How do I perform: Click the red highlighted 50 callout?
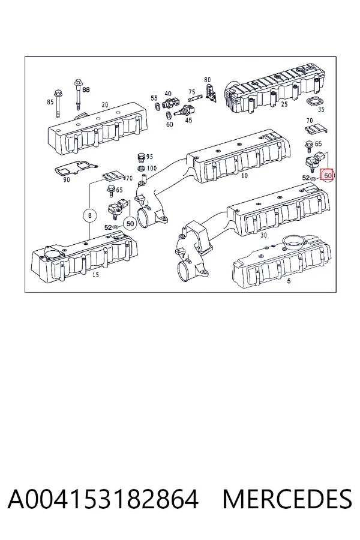point(327,176)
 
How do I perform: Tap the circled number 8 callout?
point(90,215)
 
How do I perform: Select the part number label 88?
point(86,89)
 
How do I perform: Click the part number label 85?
point(50,102)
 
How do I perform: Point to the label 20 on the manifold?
point(105,104)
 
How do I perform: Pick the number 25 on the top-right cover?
point(284,104)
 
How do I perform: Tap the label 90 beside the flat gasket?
point(67,179)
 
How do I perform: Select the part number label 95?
point(149,157)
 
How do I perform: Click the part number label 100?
point(152,168)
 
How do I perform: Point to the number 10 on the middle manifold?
point(244,176)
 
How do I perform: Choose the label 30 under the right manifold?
point(263,235)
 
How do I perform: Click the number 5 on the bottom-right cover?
point(289,281)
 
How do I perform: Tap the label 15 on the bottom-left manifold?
point(95,274)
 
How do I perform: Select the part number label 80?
point(207,80)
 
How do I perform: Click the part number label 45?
point(188,120)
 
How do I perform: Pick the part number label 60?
point(169,124)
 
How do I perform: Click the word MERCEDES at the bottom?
point(287,499)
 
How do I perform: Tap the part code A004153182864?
point(103,499)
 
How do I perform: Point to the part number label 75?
point(192,92)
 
